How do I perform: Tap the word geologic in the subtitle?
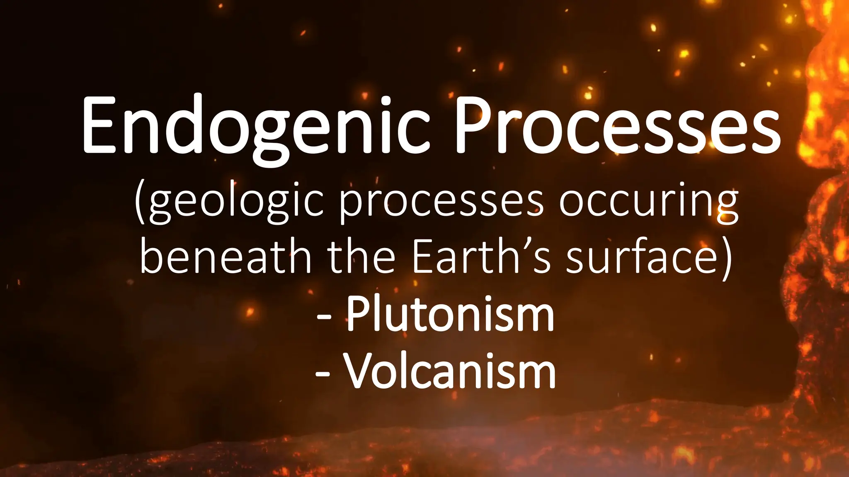pyautogui.click(x=236, y=203)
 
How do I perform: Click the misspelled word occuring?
pyautogui.click(x=648, y=203)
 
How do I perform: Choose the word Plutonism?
pyautogui.click(x=450, y=315)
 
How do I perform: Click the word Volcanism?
pyautogui.click(x=450, y=371)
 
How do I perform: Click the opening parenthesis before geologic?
pyautogui.click(x=141, y=203)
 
